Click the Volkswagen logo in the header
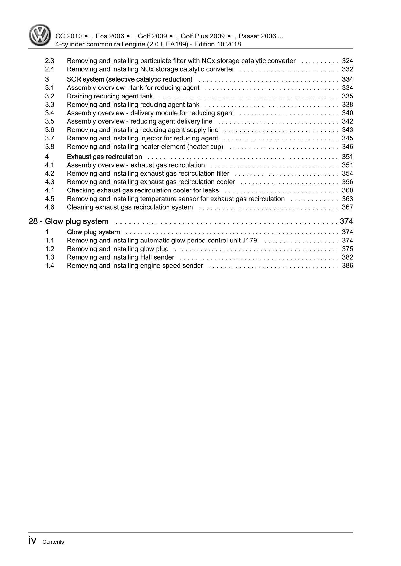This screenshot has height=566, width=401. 40,35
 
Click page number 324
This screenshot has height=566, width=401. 347,61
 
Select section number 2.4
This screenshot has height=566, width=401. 49,69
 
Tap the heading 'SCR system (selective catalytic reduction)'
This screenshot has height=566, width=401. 129,79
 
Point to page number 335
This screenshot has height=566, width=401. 347,96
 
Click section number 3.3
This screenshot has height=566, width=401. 49,105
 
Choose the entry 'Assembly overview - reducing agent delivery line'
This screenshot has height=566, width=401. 139,121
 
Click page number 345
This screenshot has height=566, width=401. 347,138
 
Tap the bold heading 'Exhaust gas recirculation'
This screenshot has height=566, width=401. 104,157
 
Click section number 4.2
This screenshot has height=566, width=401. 49,174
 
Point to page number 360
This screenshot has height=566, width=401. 347,190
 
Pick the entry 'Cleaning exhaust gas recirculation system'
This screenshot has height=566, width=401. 130,207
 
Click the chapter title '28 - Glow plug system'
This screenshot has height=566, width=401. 69,221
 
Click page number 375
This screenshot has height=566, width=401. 347,249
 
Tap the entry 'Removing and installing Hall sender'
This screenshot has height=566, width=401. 120,257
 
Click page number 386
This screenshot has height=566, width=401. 347,266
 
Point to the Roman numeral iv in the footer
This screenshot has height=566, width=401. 33,541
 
